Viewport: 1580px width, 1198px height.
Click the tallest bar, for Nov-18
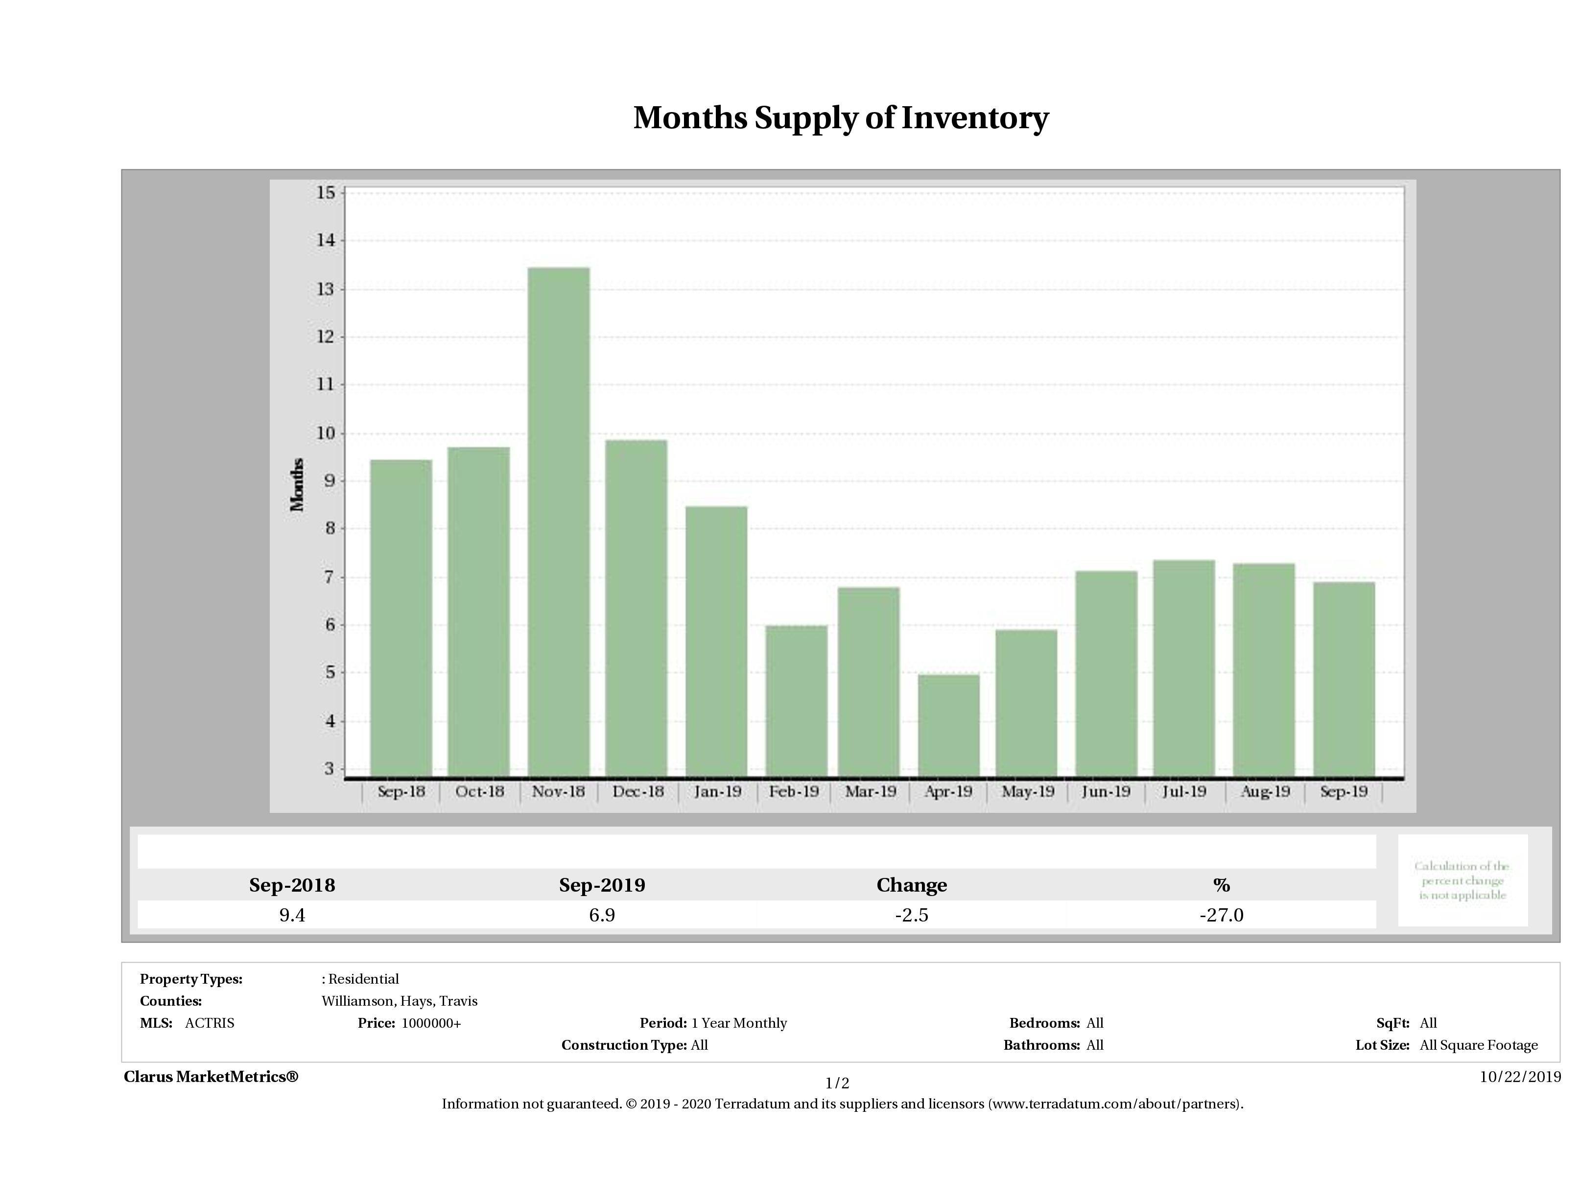559,521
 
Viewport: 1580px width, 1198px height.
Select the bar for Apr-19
948,725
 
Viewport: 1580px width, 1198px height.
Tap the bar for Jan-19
716,641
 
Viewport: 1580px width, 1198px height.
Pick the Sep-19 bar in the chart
1344,678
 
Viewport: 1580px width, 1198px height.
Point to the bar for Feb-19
797,700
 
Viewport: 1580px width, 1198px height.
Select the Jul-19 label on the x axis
1183,791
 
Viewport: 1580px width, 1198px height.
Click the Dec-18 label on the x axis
638,791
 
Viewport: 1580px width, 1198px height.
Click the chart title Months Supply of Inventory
841,118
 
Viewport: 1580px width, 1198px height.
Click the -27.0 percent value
1222,915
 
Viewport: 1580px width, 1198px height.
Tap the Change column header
912,885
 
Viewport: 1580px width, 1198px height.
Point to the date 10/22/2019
1520,1077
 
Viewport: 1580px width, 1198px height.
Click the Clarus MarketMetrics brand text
211,1077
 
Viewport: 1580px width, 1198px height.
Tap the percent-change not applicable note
1462,880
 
